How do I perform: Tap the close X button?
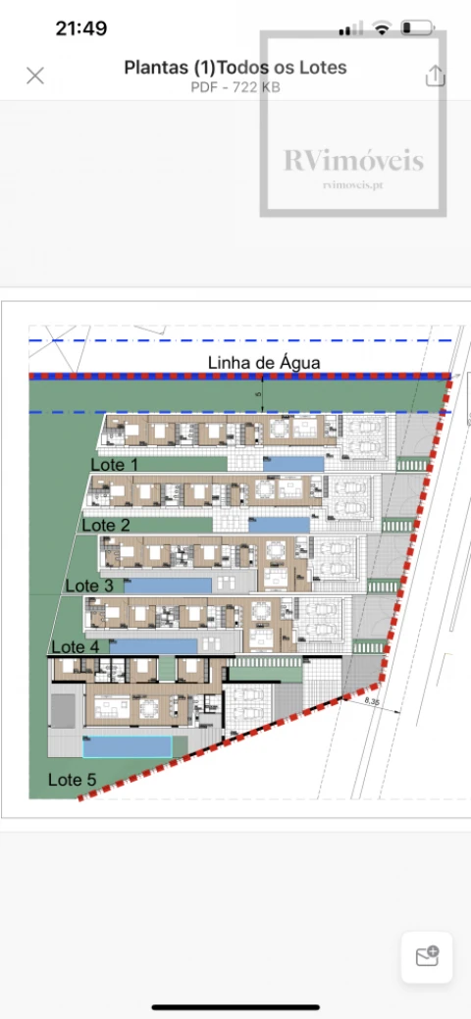(35, 76)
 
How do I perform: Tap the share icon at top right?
(435, 76)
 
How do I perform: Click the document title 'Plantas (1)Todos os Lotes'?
(235, 68)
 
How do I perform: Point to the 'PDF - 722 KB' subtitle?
(235, 86)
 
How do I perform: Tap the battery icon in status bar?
(419, 28)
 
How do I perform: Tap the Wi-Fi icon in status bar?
(382, 28)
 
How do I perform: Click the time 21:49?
(81, 28)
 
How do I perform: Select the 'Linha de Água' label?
(264, 363)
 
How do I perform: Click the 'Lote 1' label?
(115, 464)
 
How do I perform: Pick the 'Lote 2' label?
(106, 525)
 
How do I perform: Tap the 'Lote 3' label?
(89, 586)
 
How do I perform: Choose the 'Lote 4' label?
(75, 646)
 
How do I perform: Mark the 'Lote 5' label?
(73, 781)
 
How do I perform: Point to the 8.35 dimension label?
(372, 702)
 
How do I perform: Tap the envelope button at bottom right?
(427, 956)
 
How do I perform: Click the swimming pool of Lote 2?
(279, 525)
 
